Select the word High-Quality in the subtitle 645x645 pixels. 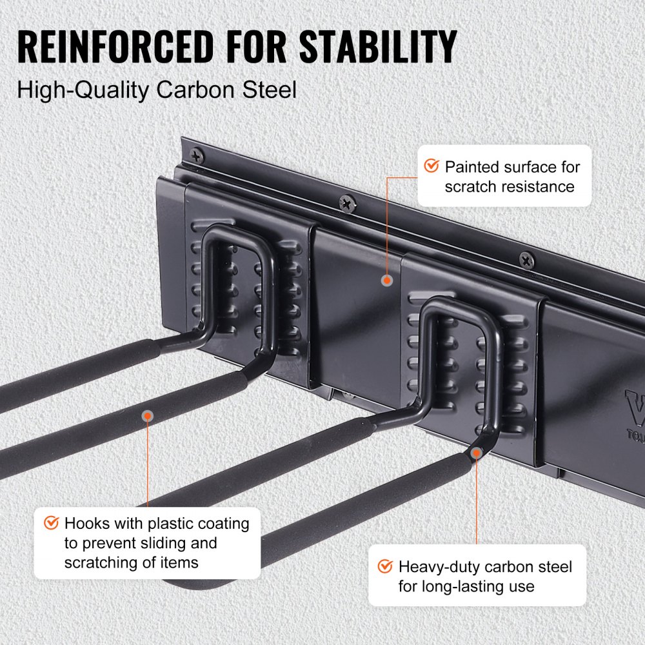[82, 90]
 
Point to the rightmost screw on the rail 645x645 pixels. [526, 260]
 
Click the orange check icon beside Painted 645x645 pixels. [431, 166]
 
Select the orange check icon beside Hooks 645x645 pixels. [51, 522]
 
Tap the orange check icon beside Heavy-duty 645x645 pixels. [385, 566]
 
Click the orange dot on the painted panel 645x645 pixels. [386, 281]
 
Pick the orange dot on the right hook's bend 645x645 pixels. [476, 453]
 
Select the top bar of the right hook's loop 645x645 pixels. [451, 305]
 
